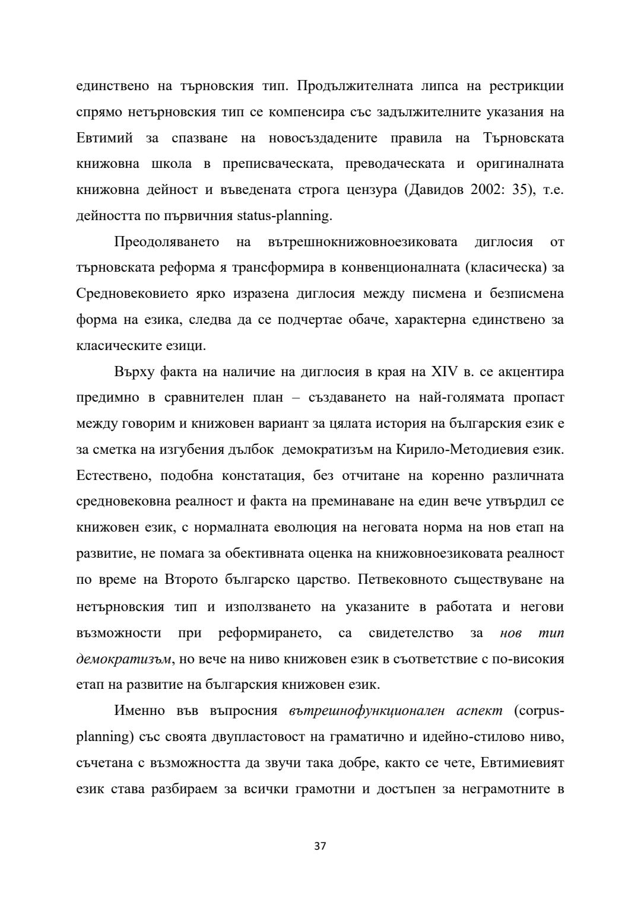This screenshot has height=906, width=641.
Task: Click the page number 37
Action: [x=320, y=845]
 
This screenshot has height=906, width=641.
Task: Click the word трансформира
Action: [x=272, y=268]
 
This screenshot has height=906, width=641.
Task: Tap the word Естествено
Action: [x=113, y=476]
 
